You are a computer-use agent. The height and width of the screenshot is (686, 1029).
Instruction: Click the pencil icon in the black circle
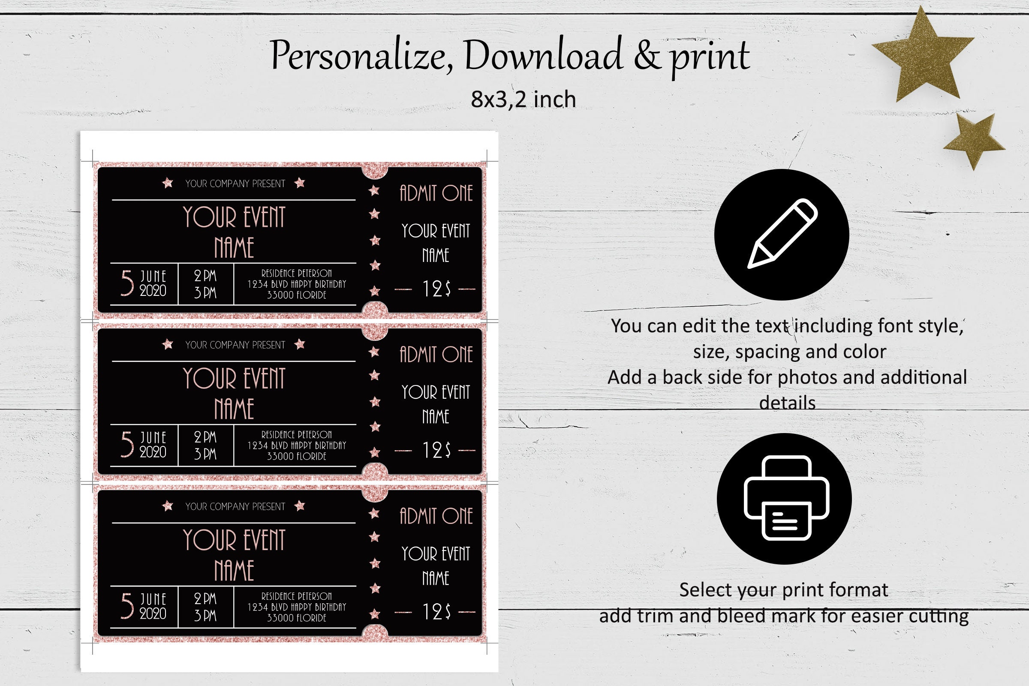[782, 234]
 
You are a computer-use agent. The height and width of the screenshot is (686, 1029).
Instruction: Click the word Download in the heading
[543, 56]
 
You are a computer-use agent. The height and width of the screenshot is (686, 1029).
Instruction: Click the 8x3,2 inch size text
[523, 99]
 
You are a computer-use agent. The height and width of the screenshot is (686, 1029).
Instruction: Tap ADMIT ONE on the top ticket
[436, 193]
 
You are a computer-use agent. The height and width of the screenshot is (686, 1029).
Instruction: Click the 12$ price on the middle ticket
[436, 450]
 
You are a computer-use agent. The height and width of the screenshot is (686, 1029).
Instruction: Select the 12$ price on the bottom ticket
[436, 612]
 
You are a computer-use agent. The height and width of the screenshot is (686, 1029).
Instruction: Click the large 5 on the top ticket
[127, 283]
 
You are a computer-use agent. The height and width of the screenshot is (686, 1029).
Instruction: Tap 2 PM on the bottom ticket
[205, 598]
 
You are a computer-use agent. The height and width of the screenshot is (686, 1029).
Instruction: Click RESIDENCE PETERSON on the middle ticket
[297, 434]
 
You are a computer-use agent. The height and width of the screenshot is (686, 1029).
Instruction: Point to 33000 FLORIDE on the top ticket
[297, 295]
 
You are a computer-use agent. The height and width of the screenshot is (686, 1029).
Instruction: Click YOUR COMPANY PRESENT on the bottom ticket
[235, 507]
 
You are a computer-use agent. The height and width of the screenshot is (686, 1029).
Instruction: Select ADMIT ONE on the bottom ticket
[436, 516]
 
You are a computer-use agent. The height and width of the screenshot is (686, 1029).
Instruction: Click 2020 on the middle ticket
[153, 452]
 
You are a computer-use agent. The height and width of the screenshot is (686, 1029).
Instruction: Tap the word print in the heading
[710, 57]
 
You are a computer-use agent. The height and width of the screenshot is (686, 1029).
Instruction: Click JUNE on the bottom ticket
[153, 599]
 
